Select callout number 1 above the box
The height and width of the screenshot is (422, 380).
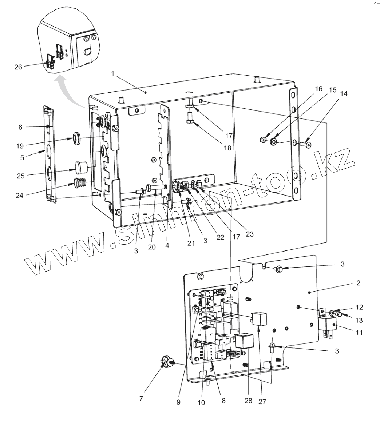pyautogui.click(x=113, y=73)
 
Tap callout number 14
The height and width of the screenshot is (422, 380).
pyautogui.click(x=344, y=94)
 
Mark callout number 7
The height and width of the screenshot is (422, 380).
pyautogui.click(x=141, y=399)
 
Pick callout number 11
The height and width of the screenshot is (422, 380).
pyautogui.click(x=359, y=332)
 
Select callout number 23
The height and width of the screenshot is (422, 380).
pyautogui.click(x=249, y=234)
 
